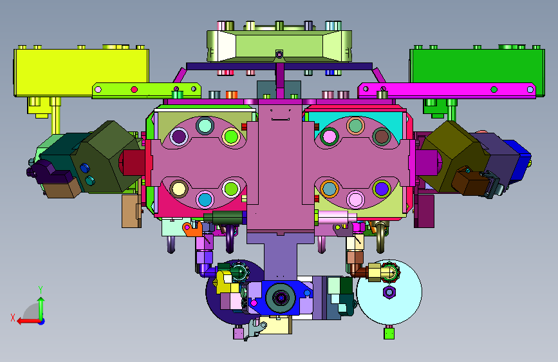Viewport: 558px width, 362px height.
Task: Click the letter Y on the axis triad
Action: point(41,289)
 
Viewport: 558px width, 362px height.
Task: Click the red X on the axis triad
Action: point(13,318)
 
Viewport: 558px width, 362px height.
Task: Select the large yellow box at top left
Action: point(81,72)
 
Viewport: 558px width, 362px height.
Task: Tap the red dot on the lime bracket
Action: point(134,90)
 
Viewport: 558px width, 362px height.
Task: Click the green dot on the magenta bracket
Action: point(494,90)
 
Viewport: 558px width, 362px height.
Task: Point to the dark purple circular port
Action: point(179,136)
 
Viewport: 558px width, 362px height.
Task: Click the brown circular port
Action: point(382,136)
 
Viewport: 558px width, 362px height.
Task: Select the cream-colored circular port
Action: point(179,189)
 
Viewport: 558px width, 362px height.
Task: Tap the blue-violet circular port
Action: point(382,189)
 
